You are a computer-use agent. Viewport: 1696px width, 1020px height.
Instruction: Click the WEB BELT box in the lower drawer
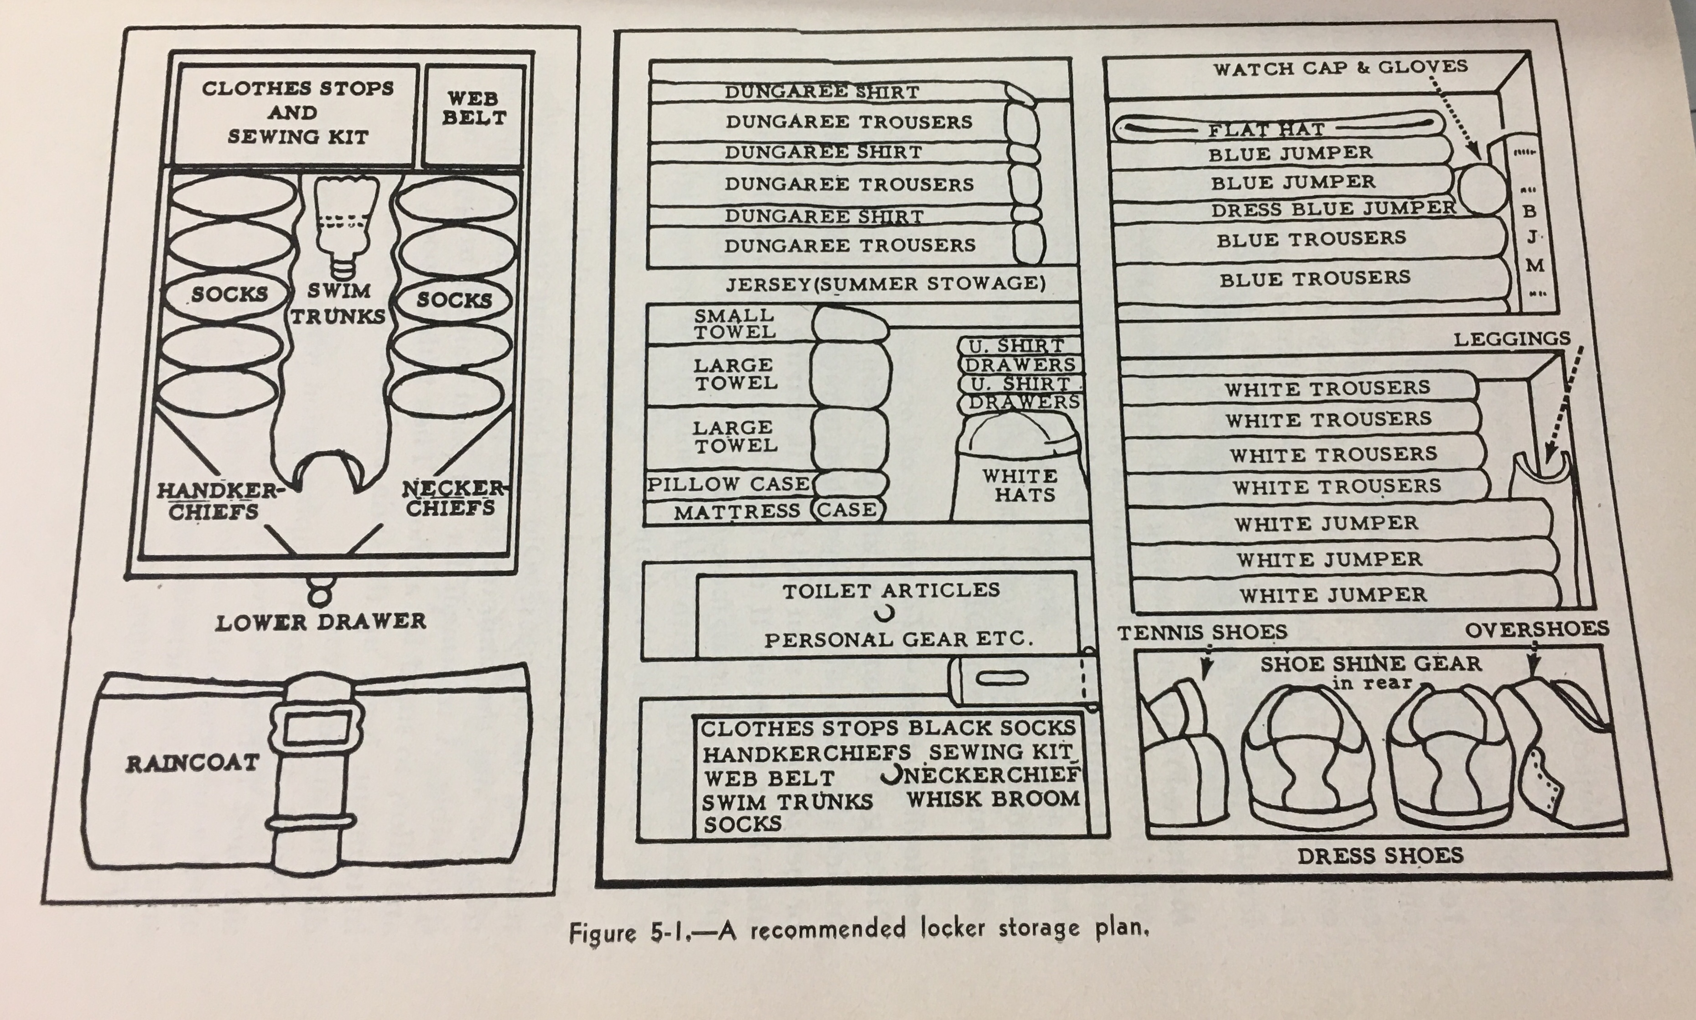[x=473, y=109]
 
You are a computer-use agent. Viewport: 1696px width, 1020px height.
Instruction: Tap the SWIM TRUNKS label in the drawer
[x=338, y=303]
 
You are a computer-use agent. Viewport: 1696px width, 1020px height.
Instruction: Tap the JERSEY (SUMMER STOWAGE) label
[x=885, y=283]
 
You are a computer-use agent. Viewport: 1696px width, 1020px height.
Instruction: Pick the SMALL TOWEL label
[x=734, y=324]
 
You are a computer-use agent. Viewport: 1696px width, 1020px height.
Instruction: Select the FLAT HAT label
[x=1266, y=129]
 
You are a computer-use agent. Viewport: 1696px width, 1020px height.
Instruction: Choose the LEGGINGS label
[x=1512, y=338]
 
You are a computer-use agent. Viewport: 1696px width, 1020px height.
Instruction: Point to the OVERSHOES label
[x=1536, y=629]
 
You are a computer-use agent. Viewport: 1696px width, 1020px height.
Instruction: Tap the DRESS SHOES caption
[x=1380, y=856]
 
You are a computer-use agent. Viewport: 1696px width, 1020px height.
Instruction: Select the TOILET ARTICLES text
[x=891, y=590]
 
